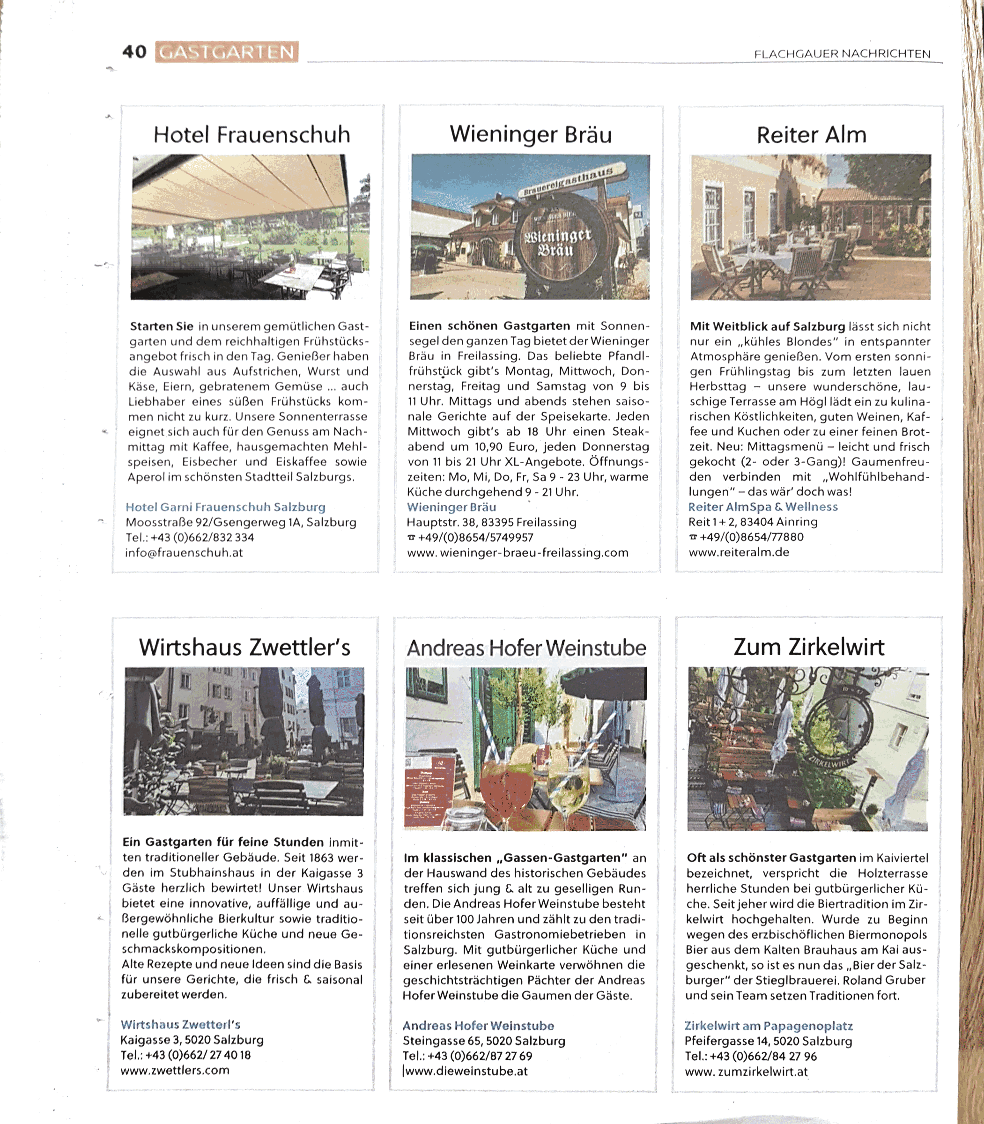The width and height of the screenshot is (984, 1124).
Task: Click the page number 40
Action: coord(134,52)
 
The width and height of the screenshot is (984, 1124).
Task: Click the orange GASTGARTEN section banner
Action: coord(227,52)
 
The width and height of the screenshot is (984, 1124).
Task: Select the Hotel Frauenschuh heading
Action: coord(252,135)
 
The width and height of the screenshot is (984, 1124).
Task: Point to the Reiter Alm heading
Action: coord(811,135)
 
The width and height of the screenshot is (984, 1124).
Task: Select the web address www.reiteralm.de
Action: coord(739,552)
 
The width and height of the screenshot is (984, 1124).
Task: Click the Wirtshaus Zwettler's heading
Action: coord(244,647)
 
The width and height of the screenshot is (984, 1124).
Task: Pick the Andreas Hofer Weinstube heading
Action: coord(526,648)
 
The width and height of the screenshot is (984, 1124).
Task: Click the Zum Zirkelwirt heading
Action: coord(809,647)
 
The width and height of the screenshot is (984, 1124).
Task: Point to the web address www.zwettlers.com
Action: coord(175,1070)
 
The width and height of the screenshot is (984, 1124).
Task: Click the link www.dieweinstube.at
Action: coord(466,1071)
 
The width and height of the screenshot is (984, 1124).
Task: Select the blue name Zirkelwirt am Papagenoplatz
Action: coord(768,1026)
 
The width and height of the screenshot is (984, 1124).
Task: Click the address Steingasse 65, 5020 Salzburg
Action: coord(484,1041)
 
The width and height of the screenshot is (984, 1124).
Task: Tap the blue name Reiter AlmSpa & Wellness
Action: coord(763,507)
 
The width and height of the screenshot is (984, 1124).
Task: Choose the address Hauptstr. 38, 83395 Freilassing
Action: coord(491,522)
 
